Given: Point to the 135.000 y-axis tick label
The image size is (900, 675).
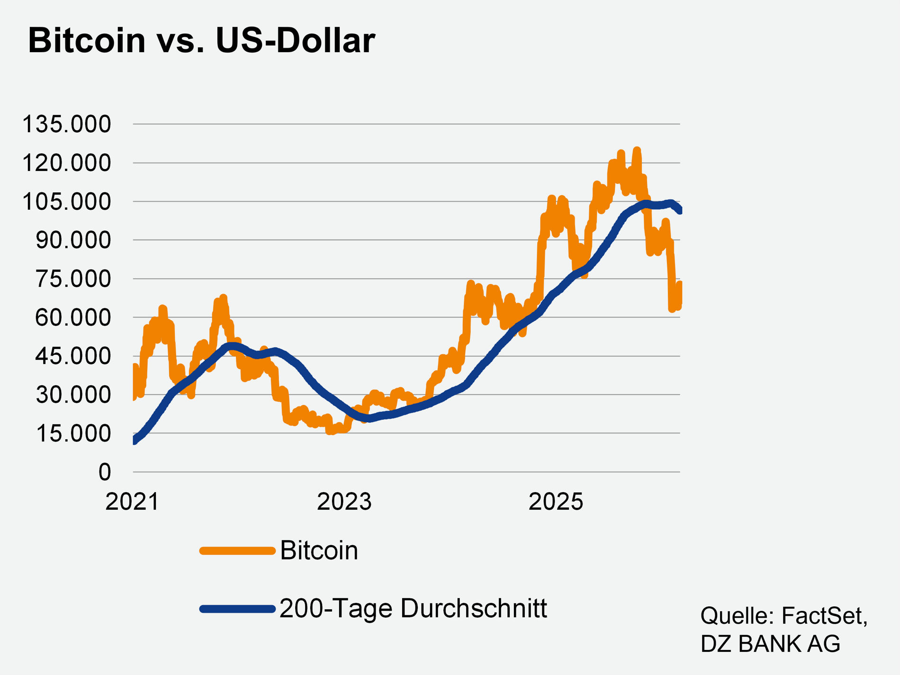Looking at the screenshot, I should (x=66, y=125).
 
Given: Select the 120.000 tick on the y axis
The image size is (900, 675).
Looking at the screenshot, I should (x=66, y=163).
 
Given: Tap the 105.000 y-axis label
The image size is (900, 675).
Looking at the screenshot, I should (x=66, y=202).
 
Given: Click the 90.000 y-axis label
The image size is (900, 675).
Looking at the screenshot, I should (x=72, y=240).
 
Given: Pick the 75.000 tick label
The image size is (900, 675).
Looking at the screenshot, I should (x=72, y=279).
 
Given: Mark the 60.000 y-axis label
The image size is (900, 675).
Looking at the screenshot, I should (x=72, y=317).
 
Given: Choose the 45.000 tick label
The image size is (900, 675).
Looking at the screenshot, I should (x=72, y=356).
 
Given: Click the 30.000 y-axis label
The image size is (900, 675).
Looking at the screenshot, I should (x=72, y=394).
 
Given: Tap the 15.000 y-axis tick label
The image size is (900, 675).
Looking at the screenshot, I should (x=72, y=433).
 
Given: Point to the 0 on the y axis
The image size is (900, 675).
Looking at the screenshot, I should (x=104, y=472).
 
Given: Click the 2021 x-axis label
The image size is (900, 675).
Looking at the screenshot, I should (x=132, y=502).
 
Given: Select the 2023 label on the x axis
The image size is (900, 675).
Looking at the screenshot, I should (x=344, y=502).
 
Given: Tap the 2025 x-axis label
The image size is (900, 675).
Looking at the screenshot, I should (x=556, y=502).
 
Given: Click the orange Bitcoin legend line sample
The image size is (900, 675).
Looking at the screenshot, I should (x=237, y=550).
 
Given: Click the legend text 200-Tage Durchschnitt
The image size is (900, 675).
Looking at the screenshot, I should (x=413, y=608).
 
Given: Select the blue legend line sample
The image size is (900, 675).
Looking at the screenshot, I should (x=237, y=609).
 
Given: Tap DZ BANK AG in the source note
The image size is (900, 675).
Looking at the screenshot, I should (x=770, y=644).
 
